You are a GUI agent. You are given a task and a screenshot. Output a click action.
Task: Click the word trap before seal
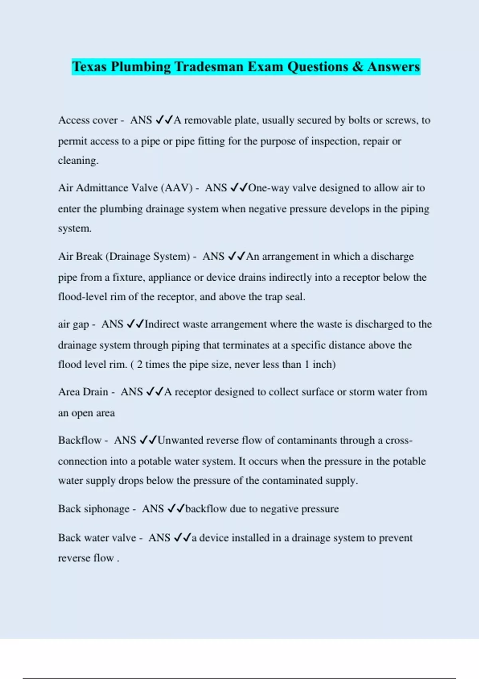click(x=273, y=297)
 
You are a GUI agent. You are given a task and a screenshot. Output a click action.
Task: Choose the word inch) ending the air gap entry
click(x=324, y=364)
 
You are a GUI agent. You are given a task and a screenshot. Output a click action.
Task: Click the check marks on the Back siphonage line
click(x=176, y=508)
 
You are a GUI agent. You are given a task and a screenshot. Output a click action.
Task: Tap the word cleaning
click(x=78, y=161)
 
